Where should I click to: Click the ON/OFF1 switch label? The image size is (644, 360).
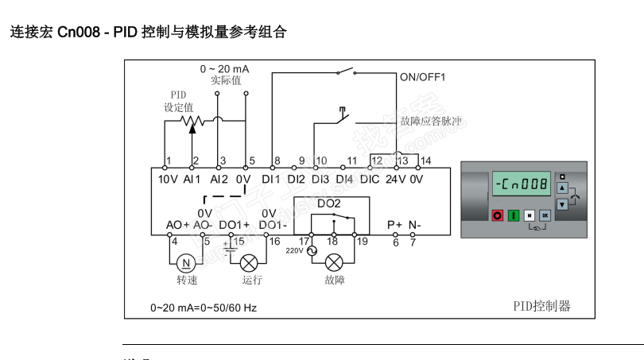point(422,78)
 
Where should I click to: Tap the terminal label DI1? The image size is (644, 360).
point(272,180)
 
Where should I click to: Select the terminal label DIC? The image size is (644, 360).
point(370,180)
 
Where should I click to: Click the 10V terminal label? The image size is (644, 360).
point(167,180)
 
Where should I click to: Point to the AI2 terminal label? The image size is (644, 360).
point(219,180)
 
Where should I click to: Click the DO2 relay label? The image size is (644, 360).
point(328,203)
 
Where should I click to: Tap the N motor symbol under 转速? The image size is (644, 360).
point(186,262)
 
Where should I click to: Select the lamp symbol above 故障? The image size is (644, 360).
point(335,262)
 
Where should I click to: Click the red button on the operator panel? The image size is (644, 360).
point(498,215)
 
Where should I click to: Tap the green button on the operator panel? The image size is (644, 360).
point(513,215)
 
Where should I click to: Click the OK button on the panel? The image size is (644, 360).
point(545,215)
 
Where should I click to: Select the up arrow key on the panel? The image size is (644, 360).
point(562,188)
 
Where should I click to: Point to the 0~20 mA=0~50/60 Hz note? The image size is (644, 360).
point(204,307)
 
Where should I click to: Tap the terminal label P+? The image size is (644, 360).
point(395,225)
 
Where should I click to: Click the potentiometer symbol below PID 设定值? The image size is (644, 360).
point(191,122)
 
